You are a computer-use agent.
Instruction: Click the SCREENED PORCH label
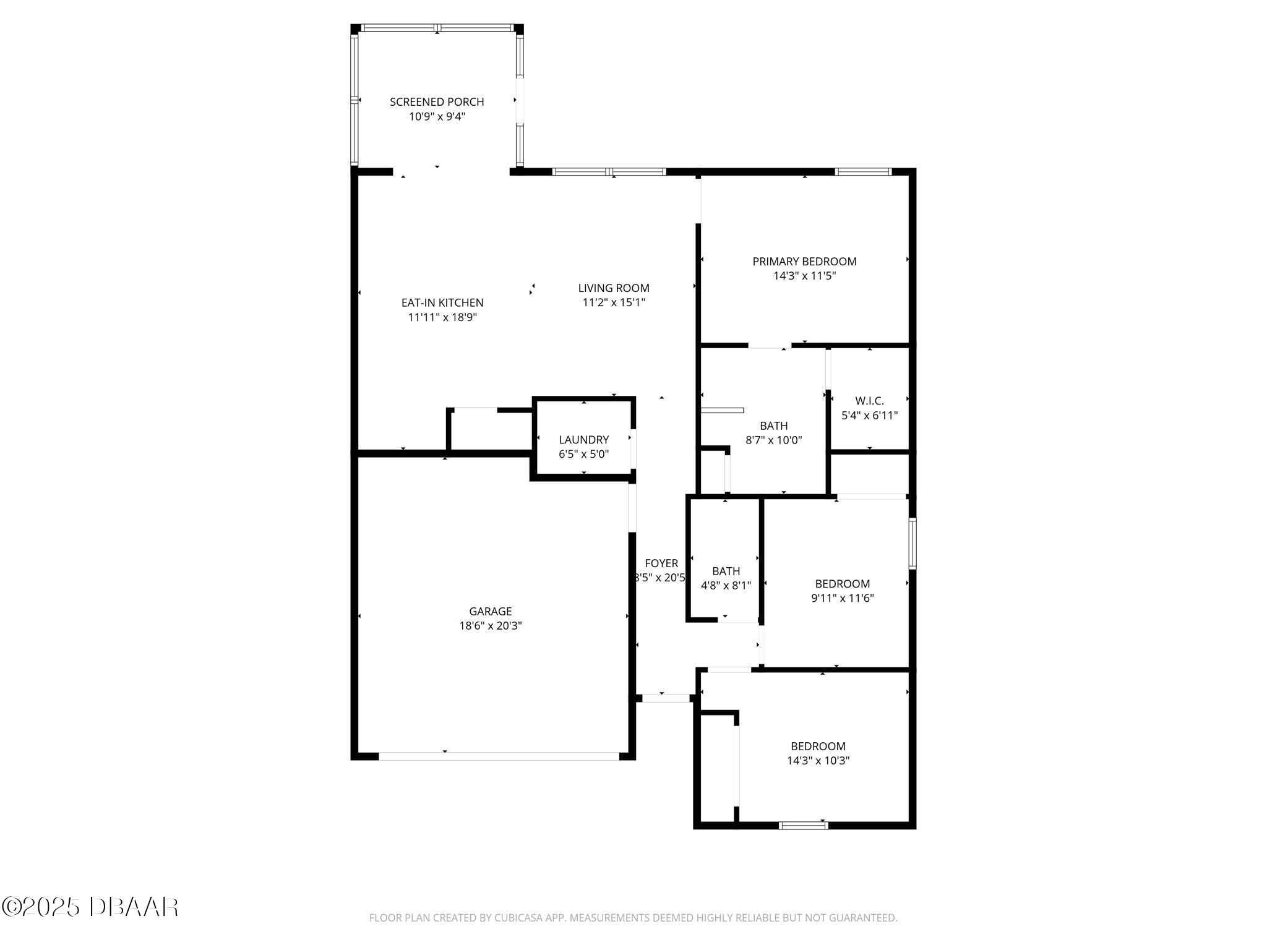point(437,102)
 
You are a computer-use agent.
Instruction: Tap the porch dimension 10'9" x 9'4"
point(437,116)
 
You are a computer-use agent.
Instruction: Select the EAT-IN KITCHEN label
point(442,303)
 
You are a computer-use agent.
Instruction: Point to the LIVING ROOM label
point(614,288)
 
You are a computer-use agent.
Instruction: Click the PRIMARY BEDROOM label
point(804,262)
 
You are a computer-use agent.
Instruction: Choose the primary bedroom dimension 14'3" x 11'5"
point(804,276)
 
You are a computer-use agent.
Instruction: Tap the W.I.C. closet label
point(869,401)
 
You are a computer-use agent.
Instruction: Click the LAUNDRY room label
point(583,440)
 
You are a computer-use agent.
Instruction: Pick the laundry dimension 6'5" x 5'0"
point(583,454)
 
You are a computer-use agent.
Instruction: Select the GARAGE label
point(490,612)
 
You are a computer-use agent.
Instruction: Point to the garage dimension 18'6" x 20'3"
point(490,626)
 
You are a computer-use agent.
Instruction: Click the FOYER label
point(661,563)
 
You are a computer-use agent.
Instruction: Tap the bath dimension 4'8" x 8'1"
point(726,586)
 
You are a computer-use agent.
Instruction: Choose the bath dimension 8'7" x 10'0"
point(773,440)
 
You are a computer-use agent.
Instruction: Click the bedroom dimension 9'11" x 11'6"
point(842,598)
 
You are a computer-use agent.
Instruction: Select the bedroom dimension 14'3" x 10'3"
point(818,761)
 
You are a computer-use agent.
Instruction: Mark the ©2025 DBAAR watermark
point(90,907)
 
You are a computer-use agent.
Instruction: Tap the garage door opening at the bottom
point(499,756)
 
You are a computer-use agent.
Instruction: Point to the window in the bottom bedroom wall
point(803,824)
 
